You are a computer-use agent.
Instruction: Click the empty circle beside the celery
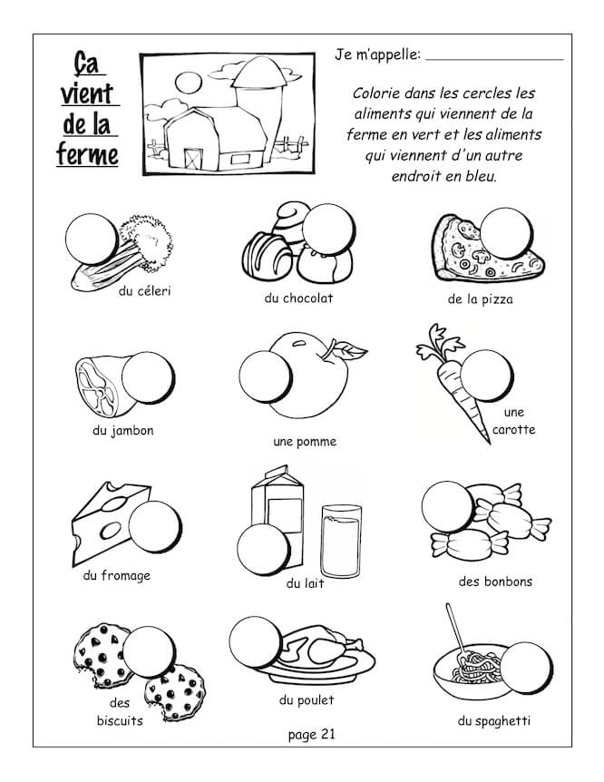pos(92,239)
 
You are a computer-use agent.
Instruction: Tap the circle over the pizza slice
pos(506,233)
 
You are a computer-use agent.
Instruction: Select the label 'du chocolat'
pos(298,298)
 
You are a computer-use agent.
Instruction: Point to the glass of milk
pos(341,541)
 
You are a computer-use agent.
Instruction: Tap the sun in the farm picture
pos(189,83)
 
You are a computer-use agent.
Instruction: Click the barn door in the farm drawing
pos(193,158)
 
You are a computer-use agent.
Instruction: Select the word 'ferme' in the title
pos(87,154)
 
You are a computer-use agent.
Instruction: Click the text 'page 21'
pos(311,734)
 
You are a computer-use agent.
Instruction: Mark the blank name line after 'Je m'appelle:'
pos(494,59)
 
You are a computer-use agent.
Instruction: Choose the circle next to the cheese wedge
pos(154,527)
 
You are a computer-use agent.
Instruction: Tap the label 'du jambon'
pos(122,430)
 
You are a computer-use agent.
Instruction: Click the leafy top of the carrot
pos(438,343)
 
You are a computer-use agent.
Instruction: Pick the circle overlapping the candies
pos(447,507)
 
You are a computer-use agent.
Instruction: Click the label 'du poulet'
pos(307,700)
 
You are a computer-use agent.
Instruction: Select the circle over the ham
pos(148,377)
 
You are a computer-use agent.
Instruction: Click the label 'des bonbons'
pos(495,582)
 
